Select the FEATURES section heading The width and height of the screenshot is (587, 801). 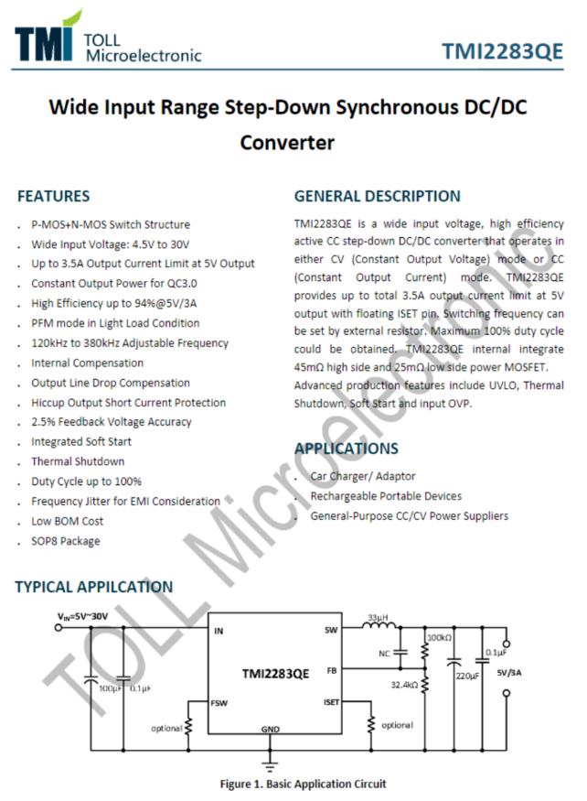[53, 196]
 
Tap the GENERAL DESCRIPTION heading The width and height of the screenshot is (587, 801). [377, 196]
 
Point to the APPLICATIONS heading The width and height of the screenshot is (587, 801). [346, 449]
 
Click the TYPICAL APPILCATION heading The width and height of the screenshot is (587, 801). [93, 587]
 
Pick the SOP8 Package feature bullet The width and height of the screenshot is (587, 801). [66, 541]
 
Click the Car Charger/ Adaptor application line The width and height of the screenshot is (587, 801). [362, 476]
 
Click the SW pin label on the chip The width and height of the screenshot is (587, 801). [331, 631]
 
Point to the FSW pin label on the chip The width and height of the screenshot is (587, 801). [219, 702]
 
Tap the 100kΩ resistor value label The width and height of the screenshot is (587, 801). [440, 637]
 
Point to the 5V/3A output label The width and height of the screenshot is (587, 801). [513, 673]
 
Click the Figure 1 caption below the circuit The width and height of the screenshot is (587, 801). [303, 784]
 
